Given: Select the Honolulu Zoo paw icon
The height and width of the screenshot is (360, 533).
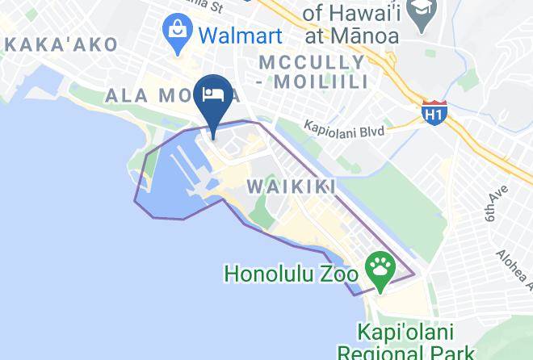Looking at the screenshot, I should pos(380,266).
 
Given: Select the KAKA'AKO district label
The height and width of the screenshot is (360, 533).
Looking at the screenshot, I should pos(61,45).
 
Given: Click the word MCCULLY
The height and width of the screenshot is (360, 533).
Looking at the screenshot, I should pos(311,62).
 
